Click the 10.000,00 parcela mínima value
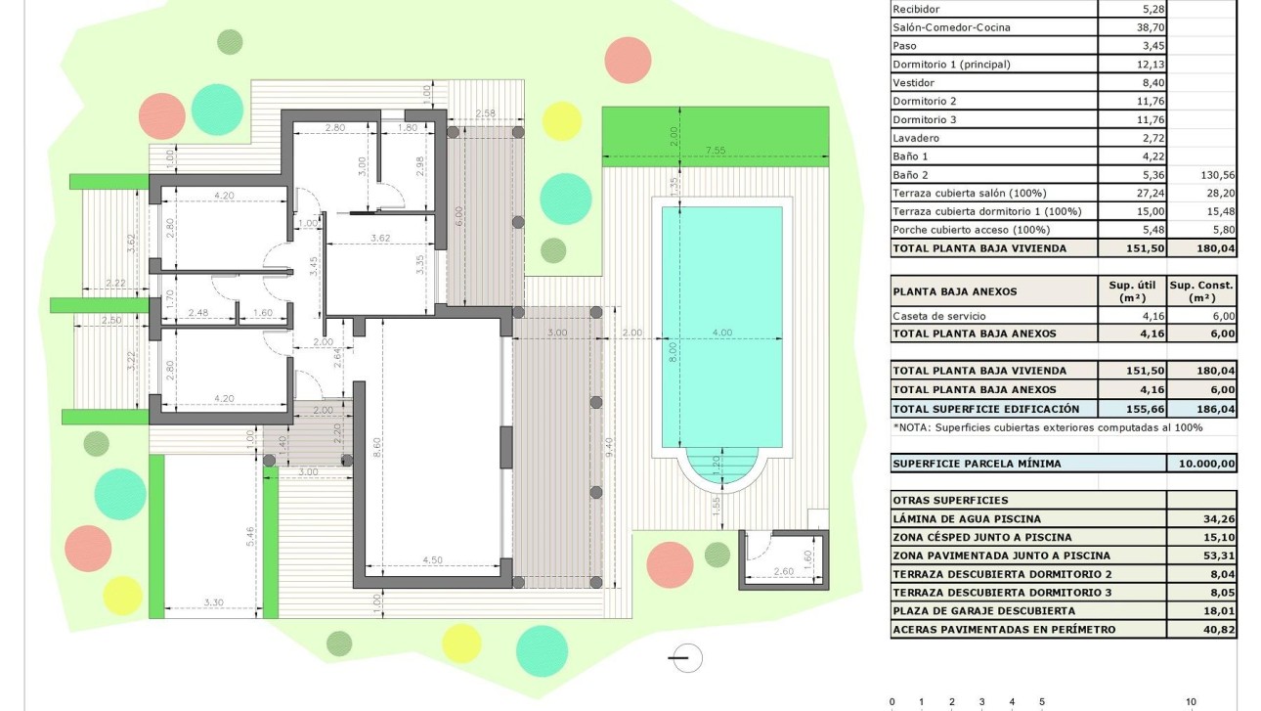tap(1201, 464)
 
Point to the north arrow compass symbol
tap(687, 658)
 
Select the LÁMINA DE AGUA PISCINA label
tap(967, 519)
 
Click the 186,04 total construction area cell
tap(1201, 409)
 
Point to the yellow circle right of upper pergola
tap(561, 120)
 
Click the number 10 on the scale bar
tap(1191, 702)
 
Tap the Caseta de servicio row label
tap(938, 316)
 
